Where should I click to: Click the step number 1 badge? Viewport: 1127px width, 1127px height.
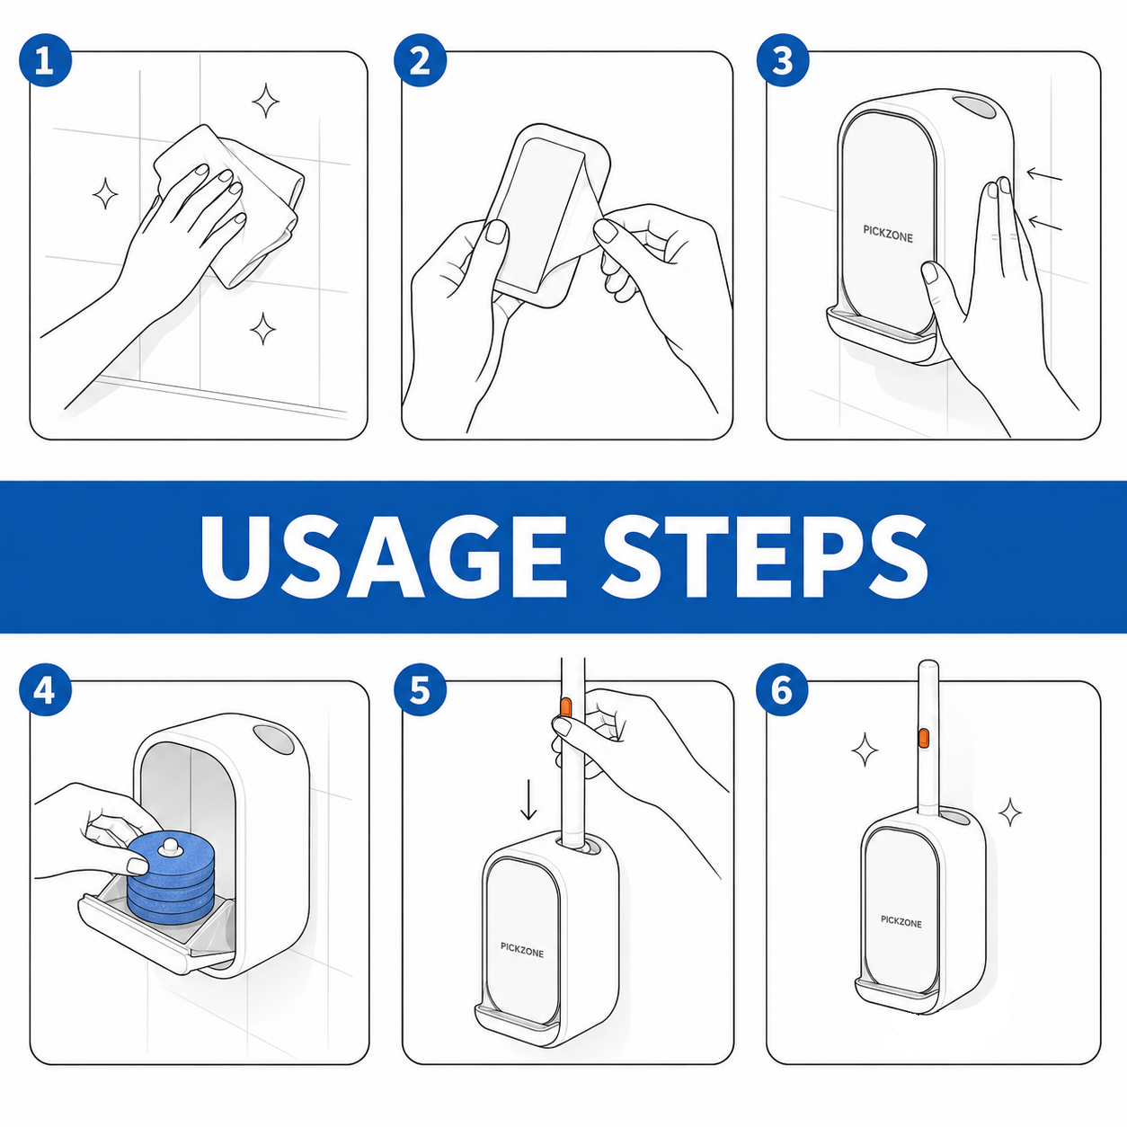[45, 60]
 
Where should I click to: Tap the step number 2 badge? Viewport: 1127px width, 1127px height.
[420, 60]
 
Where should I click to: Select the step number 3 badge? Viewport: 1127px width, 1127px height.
[783, 60]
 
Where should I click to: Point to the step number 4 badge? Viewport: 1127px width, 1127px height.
[45, 690]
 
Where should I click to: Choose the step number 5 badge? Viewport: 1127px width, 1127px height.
[420, 690]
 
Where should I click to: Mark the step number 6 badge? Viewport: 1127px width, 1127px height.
[782, 690]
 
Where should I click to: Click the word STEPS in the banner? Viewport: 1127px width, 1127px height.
[766, 557]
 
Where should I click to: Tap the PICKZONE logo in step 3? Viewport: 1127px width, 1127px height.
[888, 233]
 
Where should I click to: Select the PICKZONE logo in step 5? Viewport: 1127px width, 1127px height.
[521, 949]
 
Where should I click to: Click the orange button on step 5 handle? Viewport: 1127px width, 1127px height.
[565, 707]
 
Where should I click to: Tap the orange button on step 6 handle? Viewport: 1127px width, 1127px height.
[924, 737]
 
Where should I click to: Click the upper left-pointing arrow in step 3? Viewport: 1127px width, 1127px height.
[1044, 174]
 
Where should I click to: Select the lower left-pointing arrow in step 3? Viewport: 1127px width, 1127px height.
[1045, 223]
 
